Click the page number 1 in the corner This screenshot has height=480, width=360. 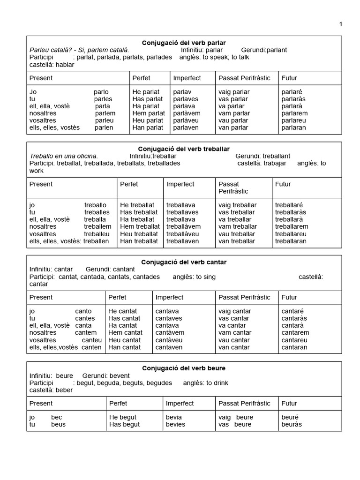point(341,24)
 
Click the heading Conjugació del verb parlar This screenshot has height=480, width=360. point(184,43)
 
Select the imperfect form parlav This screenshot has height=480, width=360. point(183,92)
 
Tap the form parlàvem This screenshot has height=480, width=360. point(187,113)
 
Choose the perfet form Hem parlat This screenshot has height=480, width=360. point(149,113)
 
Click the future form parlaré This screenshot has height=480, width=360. point(292,92)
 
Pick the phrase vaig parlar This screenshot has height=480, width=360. point(234,92)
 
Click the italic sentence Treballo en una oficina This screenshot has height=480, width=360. point(64,156)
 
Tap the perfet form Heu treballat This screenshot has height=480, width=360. point(139,234)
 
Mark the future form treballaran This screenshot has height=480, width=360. point(291,241)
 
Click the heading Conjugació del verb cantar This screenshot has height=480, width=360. point(184,262)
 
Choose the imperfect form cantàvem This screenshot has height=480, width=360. point(170,333)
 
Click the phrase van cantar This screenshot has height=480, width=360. point(234,347)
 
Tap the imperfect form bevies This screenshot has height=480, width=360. point(175,424)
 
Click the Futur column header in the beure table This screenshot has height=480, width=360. point(289,403)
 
